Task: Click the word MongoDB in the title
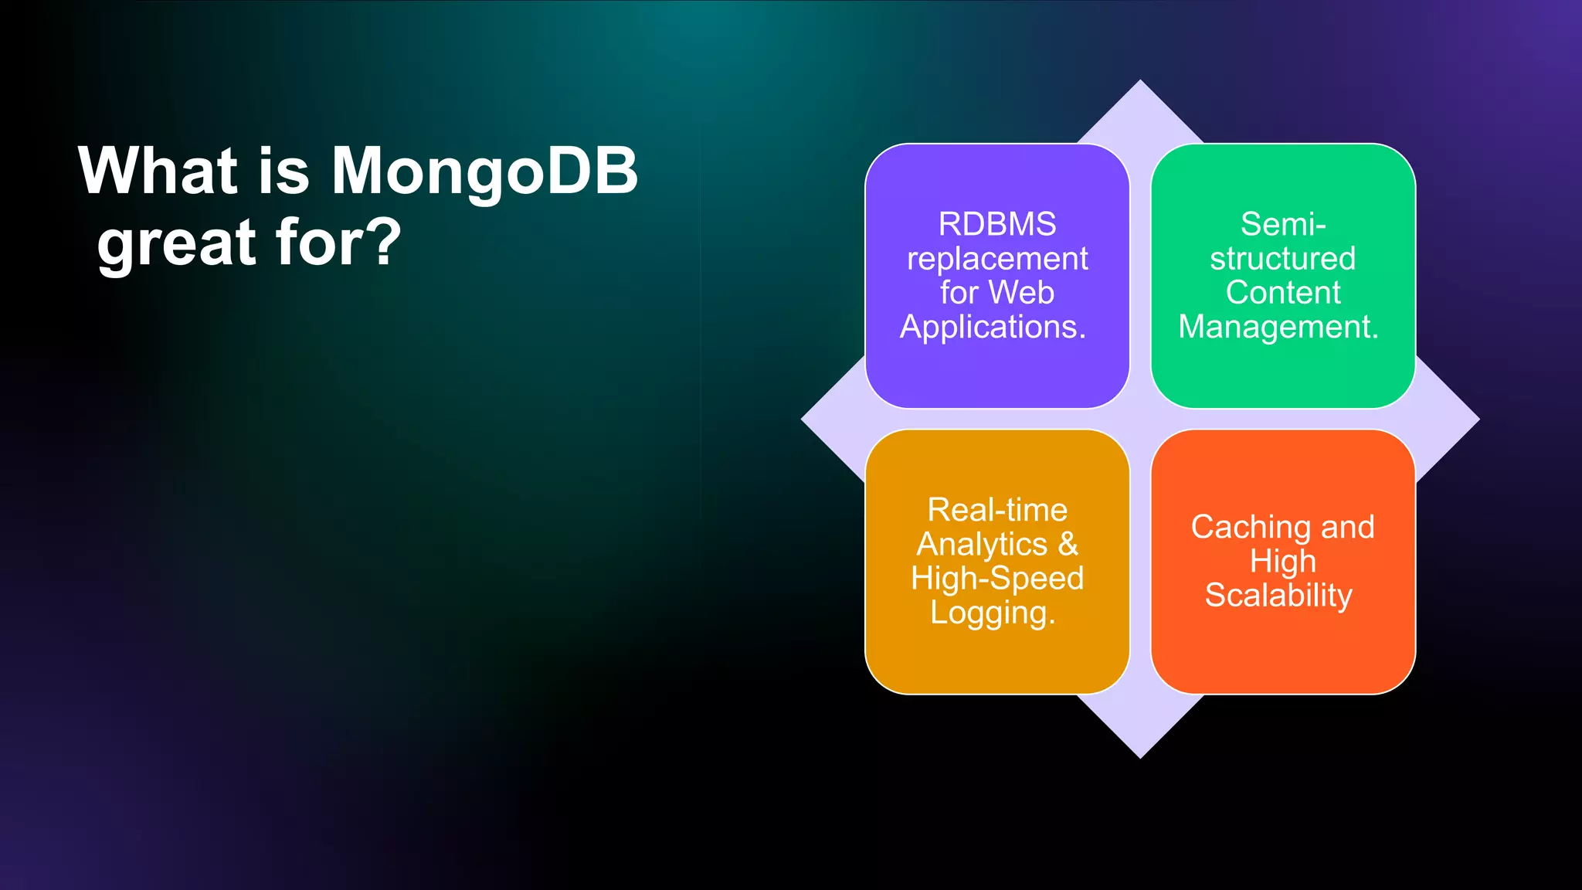(x=484, y=172)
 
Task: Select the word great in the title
(x=176, y=244)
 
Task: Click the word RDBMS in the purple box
(x=996, y=224)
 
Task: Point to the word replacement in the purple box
(x=996, y=259)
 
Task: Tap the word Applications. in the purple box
(x=993, y=327)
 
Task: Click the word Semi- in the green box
(x=1283, y=224)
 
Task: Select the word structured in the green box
(x=1282, y=259)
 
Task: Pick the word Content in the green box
(x=1283, y=293)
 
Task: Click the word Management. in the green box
(x=1278, y=327)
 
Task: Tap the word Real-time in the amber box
(x=996, y=510)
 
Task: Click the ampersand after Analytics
(x=1068, y=544)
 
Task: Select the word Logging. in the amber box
(x=993, y=613)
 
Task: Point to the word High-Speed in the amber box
(x=996, y=579)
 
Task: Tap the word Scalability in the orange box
(x=1278, y=596)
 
